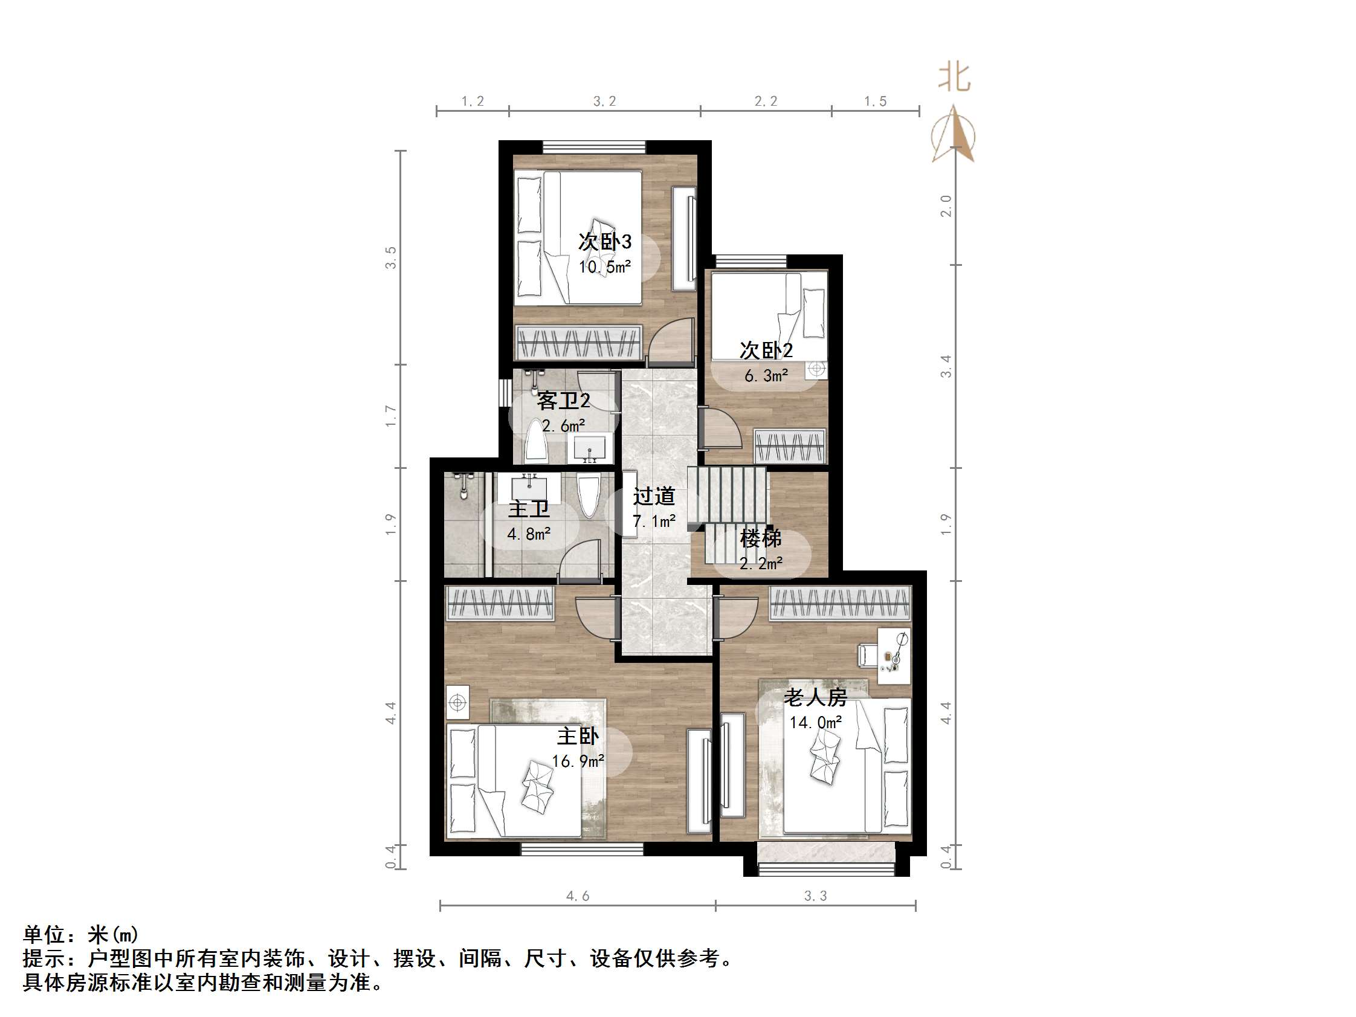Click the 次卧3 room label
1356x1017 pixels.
tap(604, 242)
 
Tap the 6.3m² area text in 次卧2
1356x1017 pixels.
tap(766, 375)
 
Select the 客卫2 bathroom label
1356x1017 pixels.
tap(563, 401)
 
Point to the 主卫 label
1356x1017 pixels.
tap(528, 509)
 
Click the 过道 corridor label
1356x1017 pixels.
tap(654, 496)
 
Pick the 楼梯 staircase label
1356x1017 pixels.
tap(761, 538)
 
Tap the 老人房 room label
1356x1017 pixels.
tap(815, 697)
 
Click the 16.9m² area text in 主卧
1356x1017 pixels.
tap(578, 761)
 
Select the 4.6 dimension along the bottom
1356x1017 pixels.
tap(578, 896)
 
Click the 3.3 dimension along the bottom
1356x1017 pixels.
tap(815, 896)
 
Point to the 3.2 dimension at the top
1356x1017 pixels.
tap(604, 101)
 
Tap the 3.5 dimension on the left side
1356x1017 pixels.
tap(390, 257)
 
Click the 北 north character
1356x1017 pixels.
tap(955, 78)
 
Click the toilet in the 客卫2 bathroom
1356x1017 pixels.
tap(537, 440)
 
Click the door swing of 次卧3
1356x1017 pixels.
tap(672, 340)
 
